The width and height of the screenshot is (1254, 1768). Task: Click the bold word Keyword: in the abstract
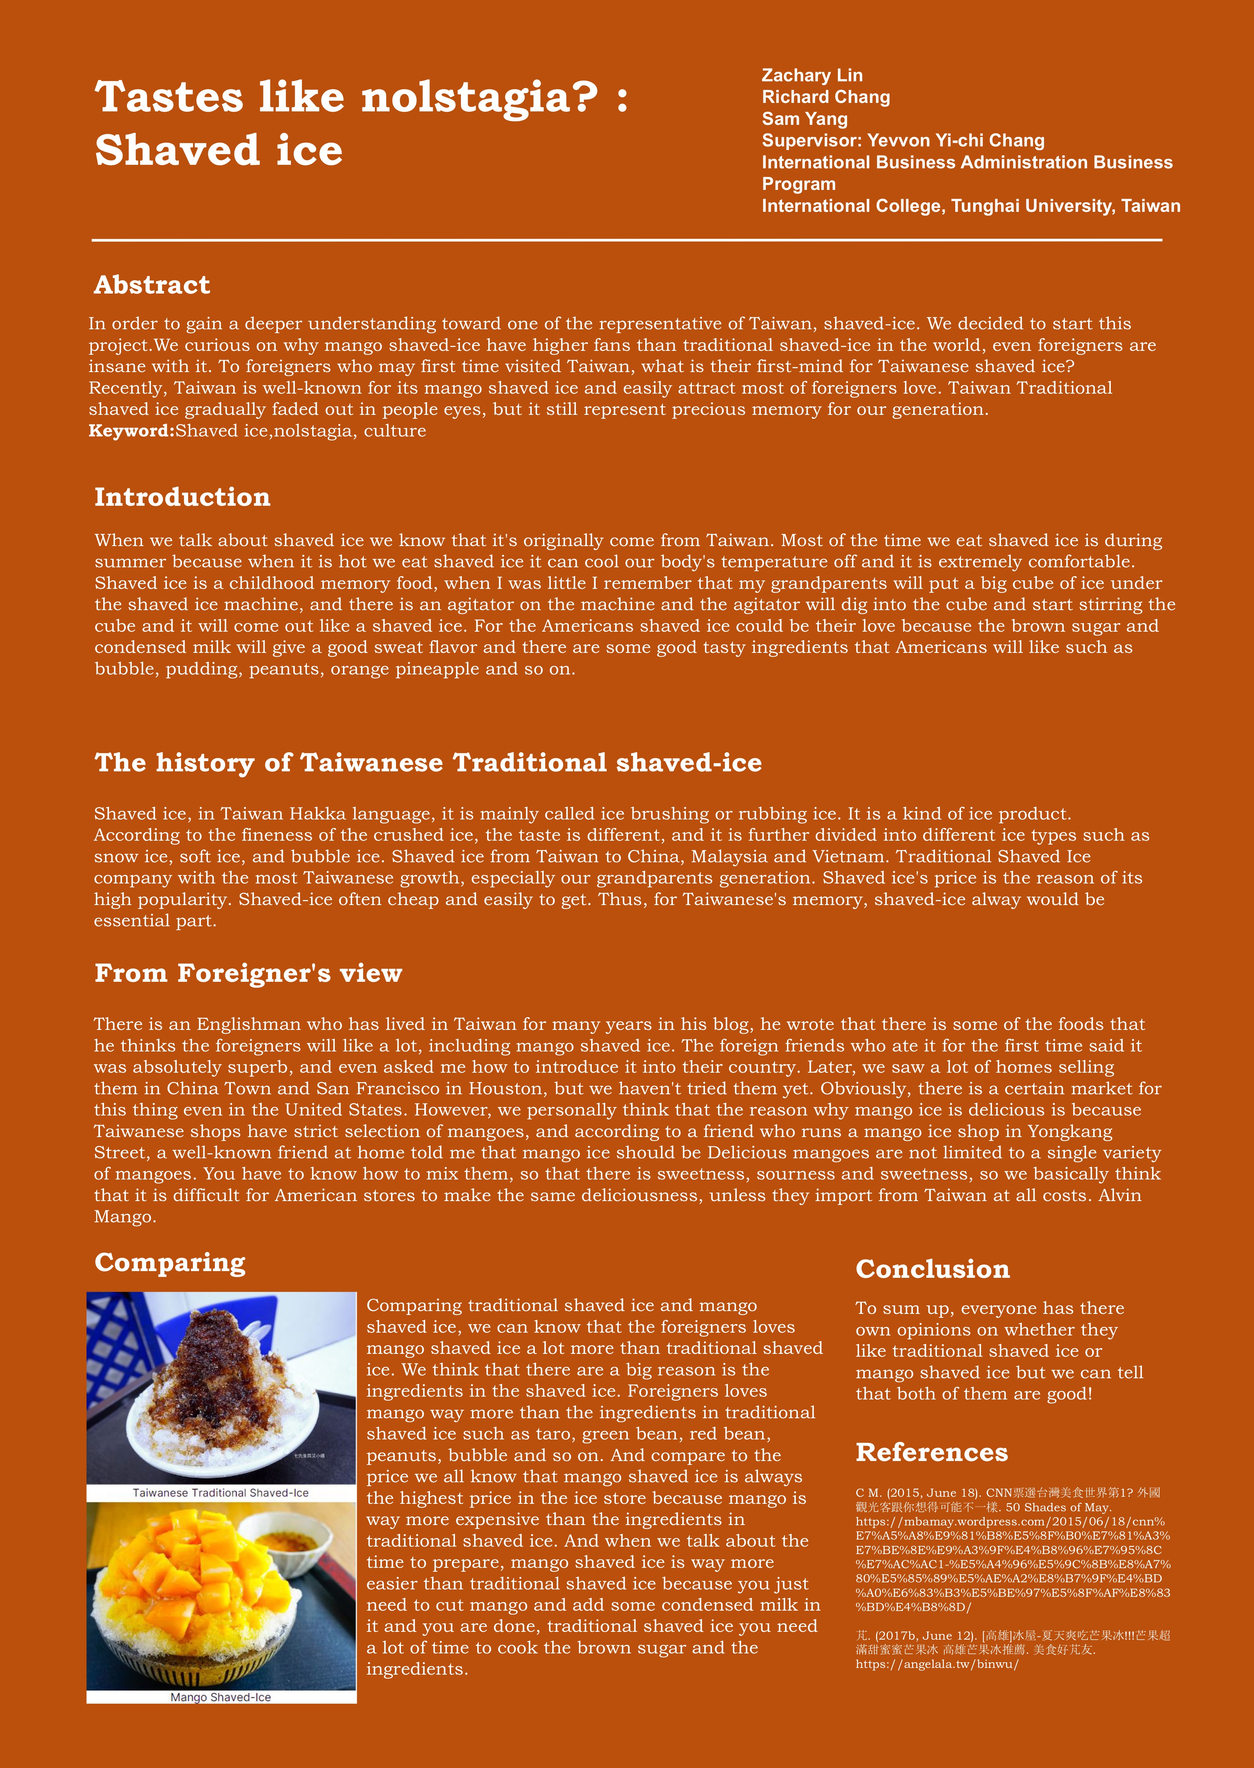[131, 431]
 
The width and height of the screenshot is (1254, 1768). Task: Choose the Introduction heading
[182, 497]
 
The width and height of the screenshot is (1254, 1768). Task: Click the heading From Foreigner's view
[248, 973]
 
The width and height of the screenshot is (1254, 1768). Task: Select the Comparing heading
[170, 1262]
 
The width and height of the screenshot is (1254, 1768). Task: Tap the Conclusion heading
[932, 1269]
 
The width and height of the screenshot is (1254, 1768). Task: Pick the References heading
[931, 1452]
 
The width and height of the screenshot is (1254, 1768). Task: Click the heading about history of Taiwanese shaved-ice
[428, 763]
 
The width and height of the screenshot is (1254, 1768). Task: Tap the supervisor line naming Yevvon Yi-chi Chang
[903, 140]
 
